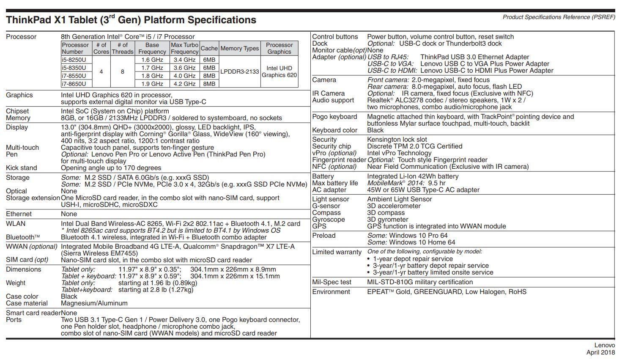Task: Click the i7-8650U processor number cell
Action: (x=74, y=84)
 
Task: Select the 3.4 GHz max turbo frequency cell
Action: (x=184, y=60)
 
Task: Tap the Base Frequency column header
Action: (x=152, y=48)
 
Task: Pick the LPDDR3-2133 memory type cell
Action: (x=239, y=71)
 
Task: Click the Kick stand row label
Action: (x=22, y=168)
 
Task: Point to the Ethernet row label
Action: (x=19, y=214)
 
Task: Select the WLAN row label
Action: (x=16, y=224)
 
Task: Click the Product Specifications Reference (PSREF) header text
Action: (x=559, y=17)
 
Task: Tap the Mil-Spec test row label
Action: (x=332, y=282)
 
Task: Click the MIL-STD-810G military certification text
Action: (x=420, y=282)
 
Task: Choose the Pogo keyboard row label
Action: (x=334, y=117)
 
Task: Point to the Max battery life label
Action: (x=335, y=183)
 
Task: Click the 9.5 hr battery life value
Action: (x=436, y=183)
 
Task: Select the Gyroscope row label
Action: (x=329, y=220)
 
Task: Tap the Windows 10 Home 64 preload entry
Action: (x=422, y=242)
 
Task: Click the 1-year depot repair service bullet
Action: (x=413, y=259)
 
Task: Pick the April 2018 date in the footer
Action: (x=600, y=352)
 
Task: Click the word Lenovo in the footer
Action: (x=605, y=346)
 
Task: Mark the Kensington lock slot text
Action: (x=397, y=140)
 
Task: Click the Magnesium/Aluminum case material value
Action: (x=94, y=303)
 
